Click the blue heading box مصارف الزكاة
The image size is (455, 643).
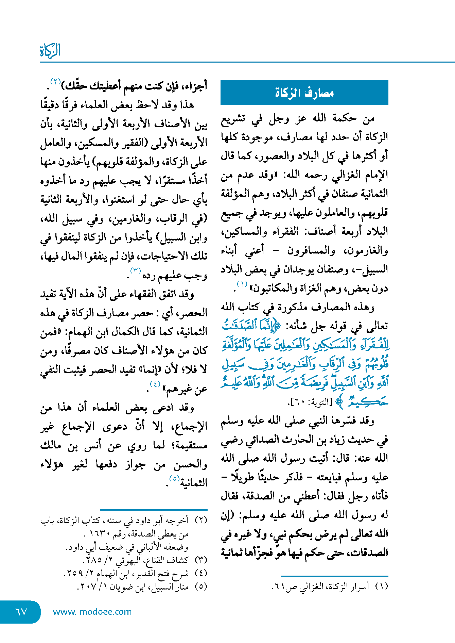(x=304, y=93)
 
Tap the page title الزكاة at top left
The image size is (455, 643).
(x=50, y=51)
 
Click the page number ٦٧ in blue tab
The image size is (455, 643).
(x=21, y=612)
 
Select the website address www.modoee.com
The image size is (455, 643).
(x=92, y=612)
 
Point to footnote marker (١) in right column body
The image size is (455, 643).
(x=242, y=284)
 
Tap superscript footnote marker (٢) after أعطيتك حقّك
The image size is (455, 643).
(x=55, y=81)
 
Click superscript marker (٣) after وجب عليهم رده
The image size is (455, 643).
(x=136, y=271)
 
